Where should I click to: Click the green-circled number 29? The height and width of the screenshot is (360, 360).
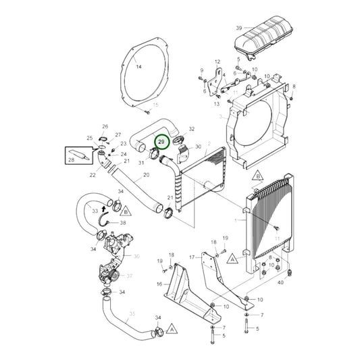(162, 143)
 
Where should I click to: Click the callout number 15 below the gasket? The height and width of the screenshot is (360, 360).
(155, 105)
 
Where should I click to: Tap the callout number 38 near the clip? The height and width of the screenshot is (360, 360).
(123, 222)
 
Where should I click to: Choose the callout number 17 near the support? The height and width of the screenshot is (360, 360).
(217, 61)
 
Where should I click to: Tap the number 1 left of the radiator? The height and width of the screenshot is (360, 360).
(236, 221)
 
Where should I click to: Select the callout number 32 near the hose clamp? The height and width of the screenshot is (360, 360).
(191, 129)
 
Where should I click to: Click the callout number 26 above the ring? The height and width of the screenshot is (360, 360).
(105, 126)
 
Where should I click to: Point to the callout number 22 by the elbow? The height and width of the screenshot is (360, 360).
(93, 176)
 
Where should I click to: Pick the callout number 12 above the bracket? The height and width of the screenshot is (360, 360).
(217, 61)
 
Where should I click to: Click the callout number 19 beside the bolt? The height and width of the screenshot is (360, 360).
(159, 261)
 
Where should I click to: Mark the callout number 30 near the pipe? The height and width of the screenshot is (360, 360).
(198, 147)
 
